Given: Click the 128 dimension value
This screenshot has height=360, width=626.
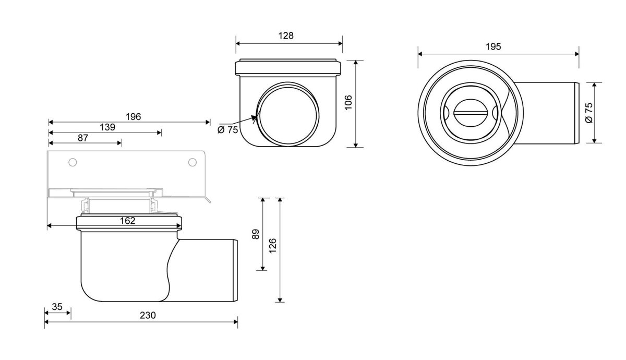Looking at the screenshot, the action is (x=286, y=36).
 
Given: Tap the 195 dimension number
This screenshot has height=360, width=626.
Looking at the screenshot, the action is (x=493, y=46).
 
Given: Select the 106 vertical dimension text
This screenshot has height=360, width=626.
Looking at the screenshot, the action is (x=348, y=103).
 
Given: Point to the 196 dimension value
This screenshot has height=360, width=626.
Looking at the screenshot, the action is (x=134, y=116).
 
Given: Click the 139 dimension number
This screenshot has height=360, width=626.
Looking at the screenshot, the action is (x=107, y=127).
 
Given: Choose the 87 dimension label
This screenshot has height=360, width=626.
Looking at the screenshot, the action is (x=83, y=138).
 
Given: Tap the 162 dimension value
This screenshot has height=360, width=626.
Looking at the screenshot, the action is (x=127, y=221).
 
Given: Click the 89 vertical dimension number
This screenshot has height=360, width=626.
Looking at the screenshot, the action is (x=256, y=234).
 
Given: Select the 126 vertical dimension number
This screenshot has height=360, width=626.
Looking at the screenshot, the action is (x=272, y=246).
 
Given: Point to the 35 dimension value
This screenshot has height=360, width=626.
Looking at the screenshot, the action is (x=57, y=307).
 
